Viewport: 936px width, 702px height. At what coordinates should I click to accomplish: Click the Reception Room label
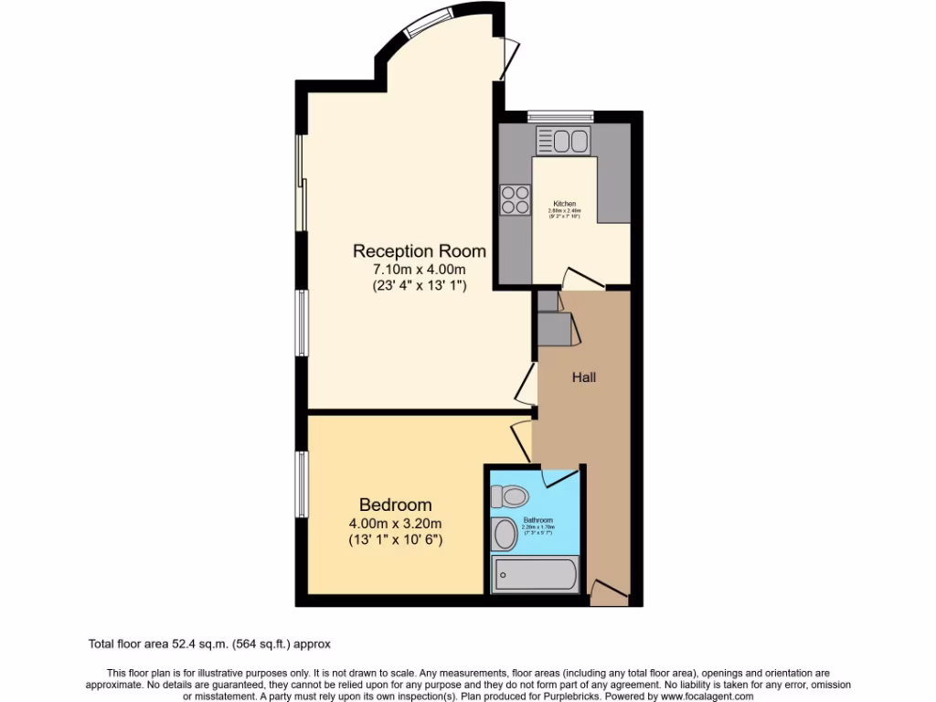(x=420, y=250)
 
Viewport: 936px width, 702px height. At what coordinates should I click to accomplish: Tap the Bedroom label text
(x=395, y=505)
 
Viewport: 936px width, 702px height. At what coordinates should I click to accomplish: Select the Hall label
(x=584, y=377)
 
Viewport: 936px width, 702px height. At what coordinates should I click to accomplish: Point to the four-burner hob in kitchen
(x=516, y=199)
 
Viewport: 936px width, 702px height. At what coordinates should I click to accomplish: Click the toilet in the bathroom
(x=509, y=496)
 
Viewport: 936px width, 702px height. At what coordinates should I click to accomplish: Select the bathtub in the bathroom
(x=536, y=575)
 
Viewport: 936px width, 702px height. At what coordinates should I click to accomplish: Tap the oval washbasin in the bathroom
(x=504, y=535)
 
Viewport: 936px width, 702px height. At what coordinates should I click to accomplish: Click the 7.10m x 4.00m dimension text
(x=420, y=269)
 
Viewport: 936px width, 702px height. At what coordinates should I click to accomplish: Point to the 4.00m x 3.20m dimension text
(x=395, y=523)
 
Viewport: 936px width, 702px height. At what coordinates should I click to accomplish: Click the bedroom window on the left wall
(x=300, y=484)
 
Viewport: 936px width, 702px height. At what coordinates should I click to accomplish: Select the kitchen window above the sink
(x=560, y=116)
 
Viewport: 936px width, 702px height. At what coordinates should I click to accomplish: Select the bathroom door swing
(x=558, y=475)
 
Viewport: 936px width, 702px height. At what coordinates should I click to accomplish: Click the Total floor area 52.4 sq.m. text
(x=215, y=643)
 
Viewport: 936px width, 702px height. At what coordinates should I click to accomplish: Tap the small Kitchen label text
(x=565, y=203)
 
